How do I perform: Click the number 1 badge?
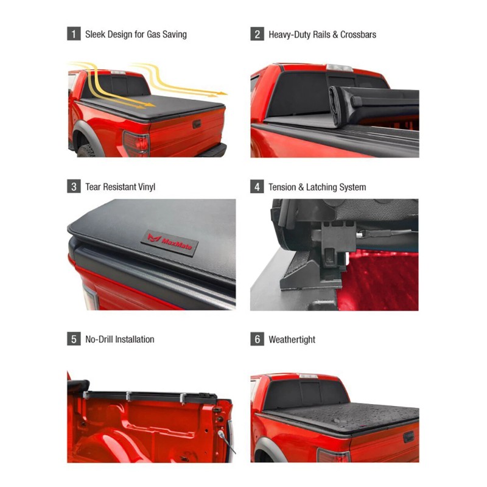74,34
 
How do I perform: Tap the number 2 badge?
257,34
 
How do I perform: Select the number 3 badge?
74,187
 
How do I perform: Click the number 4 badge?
257,187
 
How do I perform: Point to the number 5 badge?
74,339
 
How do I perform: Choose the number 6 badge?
257,339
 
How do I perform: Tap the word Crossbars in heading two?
357,34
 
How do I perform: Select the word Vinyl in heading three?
144,187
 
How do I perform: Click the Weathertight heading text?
292,339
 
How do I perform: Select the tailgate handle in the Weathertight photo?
408,437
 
